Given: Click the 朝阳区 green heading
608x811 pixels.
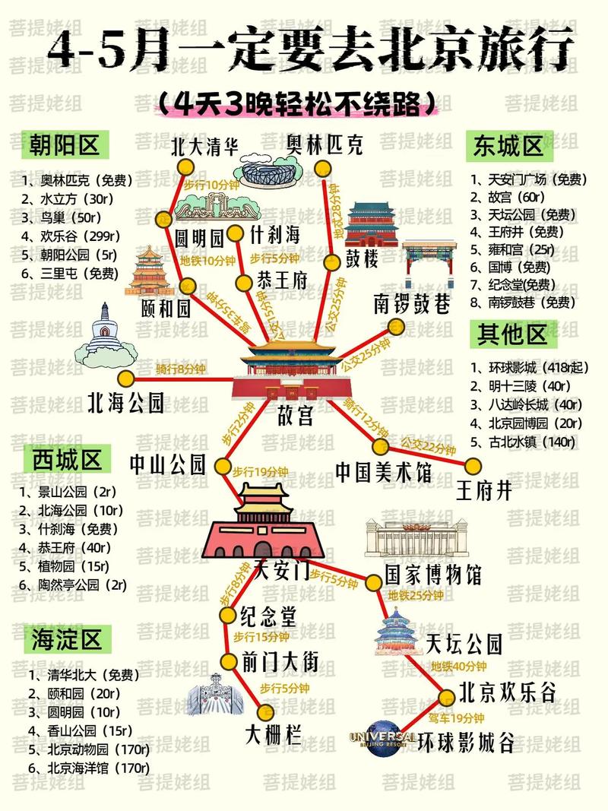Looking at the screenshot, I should click(65, 144).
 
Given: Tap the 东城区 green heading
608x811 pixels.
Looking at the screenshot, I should click(508, 145).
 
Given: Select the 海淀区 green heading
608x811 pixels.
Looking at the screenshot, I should click(67, 639).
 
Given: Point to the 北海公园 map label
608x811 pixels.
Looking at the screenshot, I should click(126, 402).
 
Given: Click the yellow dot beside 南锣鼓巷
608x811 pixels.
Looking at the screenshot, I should click(395, 327).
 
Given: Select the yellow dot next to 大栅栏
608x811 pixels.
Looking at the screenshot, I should click(265, 711).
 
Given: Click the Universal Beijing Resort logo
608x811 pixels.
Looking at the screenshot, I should click(382, 738).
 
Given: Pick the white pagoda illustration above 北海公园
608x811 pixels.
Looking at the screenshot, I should click(106, 337).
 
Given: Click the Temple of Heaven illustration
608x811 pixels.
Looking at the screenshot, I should click(398, 632).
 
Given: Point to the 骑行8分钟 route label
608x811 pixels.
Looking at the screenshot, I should click(180, 369).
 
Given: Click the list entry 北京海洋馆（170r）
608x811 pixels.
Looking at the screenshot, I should click(88, 768).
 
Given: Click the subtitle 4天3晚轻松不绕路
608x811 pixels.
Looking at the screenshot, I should click(298, 103).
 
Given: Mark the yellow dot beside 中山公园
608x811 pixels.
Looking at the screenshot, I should click(223, 466).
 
